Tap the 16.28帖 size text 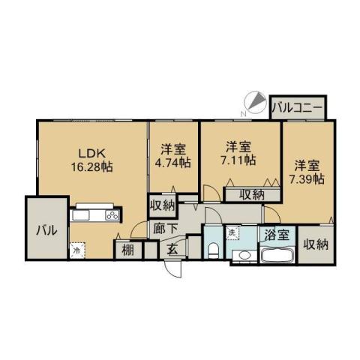[x=91, y=166]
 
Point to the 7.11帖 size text [x=239, y=160]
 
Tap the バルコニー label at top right [x=298, y=108]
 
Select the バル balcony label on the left [x=42, y=231]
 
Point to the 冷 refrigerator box [x=76, y=251]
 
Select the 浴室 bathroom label [x=275, y=234]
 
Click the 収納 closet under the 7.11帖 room [x=251, y=194]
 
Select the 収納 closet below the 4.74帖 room [x=162, y=205]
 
